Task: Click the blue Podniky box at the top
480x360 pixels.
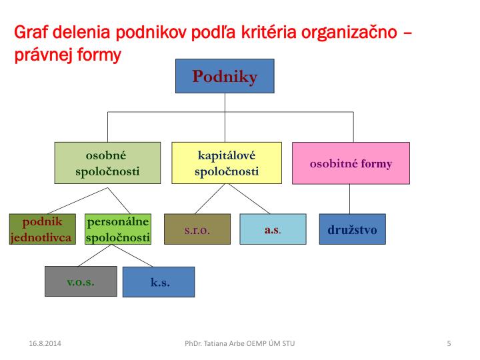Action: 225,76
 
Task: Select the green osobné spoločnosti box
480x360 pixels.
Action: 107,163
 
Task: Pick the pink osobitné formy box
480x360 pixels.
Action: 351,163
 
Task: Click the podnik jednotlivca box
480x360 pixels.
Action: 41,229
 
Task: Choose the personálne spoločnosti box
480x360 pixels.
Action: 118,229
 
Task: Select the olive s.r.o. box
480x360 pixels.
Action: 197,229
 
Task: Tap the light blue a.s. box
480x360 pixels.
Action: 273,229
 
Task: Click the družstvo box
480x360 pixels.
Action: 352,229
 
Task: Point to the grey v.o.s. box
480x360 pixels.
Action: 81,281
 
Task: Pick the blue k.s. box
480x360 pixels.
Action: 159,282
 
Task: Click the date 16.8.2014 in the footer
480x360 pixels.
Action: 41,343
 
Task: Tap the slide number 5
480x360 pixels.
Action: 449,343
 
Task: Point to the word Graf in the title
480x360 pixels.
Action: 29,32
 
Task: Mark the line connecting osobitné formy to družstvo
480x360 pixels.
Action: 350,199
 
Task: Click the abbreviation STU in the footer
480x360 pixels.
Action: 287,343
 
